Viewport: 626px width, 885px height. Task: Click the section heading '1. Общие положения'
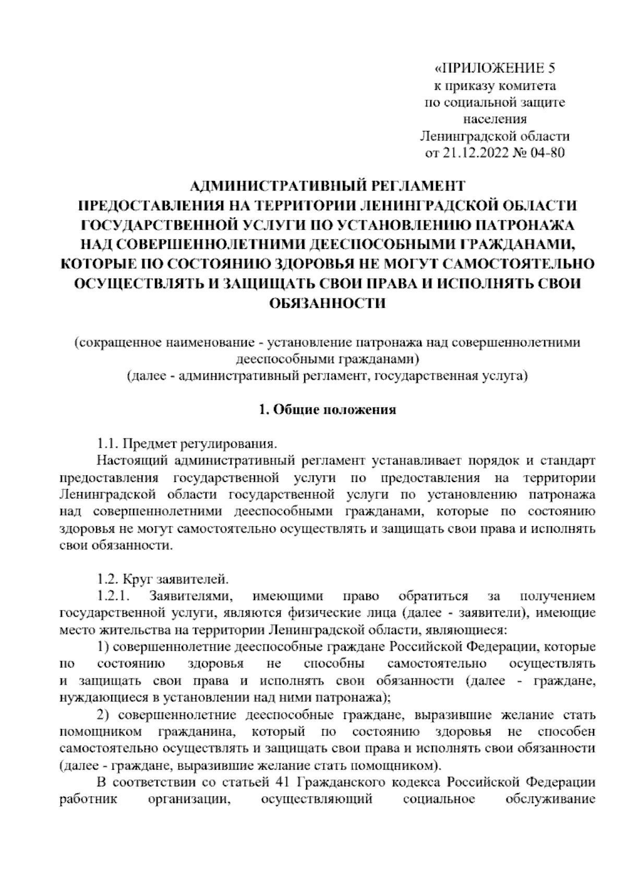tap(327, 410)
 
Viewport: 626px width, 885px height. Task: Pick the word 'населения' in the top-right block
tap(495, 119)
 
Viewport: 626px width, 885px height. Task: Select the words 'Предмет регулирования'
tap(201, 445)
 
